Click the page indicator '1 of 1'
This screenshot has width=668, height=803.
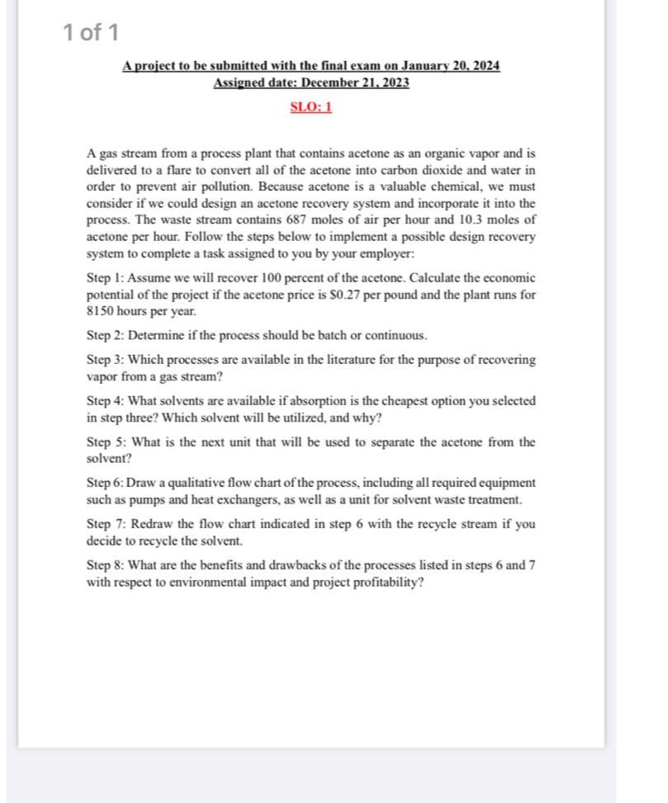pos(91,32)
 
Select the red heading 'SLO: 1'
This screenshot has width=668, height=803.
pos(311,107)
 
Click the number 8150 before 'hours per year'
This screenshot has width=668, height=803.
pos(101,312)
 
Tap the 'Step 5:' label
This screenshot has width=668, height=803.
pos(107,442)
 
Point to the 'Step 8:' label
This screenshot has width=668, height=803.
pos(106,565)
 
